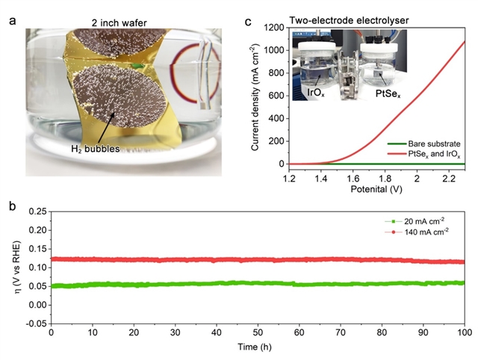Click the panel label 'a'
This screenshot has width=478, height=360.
click(x=11, y=20)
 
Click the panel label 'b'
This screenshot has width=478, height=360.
click(x=11, y=204)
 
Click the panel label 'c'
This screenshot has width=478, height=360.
click(x=249, y=20)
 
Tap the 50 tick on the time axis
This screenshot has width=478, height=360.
click(x=258, y=332)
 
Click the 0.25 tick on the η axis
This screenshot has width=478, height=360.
click(x=37, y=212)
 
